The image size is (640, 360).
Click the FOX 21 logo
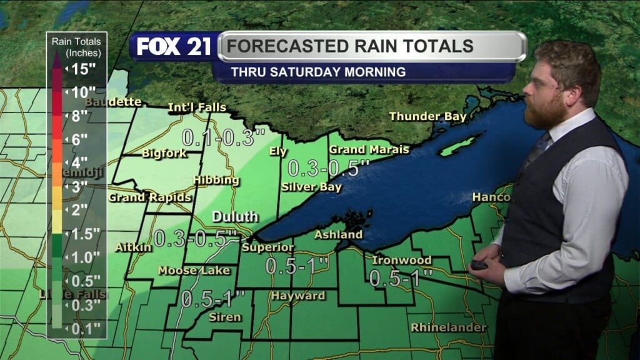174,47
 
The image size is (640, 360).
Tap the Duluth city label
235,217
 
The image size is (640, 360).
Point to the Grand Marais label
369,149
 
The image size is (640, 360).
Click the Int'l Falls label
197,108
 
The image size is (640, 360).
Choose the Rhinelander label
448,327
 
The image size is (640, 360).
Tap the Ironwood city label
401,259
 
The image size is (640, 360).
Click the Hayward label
297,296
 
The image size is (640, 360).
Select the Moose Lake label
194,271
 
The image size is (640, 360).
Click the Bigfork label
164,152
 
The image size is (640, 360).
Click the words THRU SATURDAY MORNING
318,72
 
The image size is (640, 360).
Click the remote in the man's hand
479,264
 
